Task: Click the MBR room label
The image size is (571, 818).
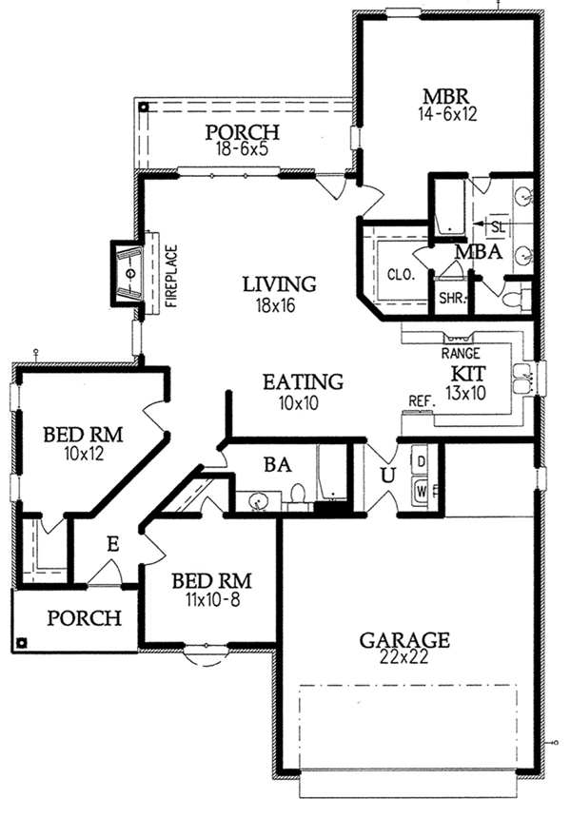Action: (445, 96)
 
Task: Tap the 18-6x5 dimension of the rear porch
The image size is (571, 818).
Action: (242, 149)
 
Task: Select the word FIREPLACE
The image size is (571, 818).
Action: (171, 277)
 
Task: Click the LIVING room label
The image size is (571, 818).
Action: (279, 284)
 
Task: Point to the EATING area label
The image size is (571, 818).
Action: (303, 381)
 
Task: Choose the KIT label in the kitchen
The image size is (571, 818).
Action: (468, 374)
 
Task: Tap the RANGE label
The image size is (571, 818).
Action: (461, 354)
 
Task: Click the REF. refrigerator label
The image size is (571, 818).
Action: (423, 400)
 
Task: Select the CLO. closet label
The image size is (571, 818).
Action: (401, 274)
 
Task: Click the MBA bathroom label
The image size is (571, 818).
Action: (479, 252)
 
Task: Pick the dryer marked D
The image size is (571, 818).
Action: (421, 461)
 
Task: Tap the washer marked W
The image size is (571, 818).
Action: (421, 491)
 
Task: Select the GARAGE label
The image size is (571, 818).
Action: (404, 639)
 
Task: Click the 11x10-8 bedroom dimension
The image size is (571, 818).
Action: (212, 600)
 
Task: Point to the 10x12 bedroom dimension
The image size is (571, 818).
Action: (84, 454)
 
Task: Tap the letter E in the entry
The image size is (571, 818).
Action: (112, 545)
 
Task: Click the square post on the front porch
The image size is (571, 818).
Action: (21, 643)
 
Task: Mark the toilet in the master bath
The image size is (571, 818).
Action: (517, 299)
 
